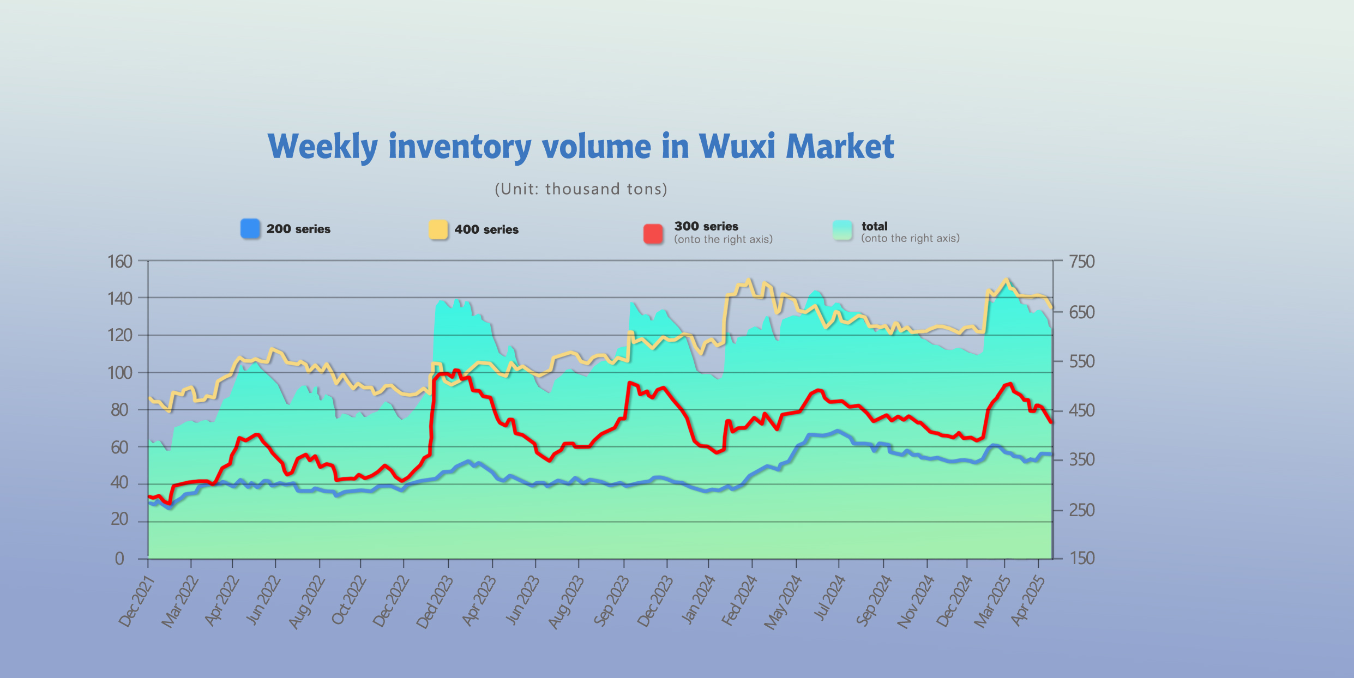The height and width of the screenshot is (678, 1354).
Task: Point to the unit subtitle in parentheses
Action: pyautogui.click(x=581, y=189)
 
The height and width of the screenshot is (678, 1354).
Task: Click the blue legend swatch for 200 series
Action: pyautogui.click(x=250, y=228)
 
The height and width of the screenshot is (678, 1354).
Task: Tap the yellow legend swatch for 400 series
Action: pyautogui.click(x=438, y=229)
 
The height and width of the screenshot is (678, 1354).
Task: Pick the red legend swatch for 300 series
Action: pyautogui.click(x=653, y=234)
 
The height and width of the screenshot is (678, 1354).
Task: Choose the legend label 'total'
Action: pyautogui.click(x=874, y=226)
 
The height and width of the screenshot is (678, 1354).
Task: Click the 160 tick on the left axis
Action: pyautogui.click(x=120, y=262)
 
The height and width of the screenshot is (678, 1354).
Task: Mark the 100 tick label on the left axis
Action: pyautogui.click(x=120, y=373)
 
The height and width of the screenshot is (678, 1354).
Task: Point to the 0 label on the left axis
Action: pyautogui.click(x=119, y=559)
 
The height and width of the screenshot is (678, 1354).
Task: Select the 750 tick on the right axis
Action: pyautogui.click(x=1081, y=262)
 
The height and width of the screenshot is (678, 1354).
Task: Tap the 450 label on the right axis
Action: pyautogui.click(x=1081, y=410)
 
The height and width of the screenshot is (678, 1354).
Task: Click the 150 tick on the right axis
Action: pyautogui.click(x=1081, y=558)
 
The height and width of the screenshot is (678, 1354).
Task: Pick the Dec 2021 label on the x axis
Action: pyautogui.click(x=136, y=602)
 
